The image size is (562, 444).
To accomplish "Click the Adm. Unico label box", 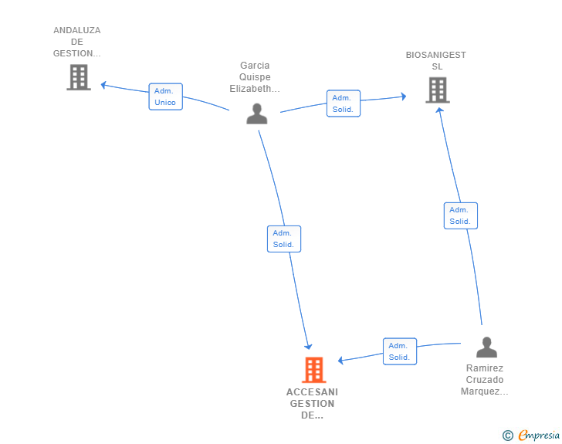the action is coord(165,97).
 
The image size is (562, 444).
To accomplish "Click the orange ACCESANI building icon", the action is coord(314,370).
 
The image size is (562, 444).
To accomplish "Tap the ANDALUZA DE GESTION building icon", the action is coord(79,77).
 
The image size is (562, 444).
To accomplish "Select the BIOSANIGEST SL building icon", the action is coord(438,90).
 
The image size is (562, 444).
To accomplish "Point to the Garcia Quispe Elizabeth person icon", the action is coord(257,114).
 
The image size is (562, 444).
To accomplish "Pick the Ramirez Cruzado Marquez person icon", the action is coord(486,347).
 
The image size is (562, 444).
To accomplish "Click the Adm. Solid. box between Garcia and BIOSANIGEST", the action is coord(344,103).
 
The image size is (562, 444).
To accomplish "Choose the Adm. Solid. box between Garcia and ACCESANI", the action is coord(284,239).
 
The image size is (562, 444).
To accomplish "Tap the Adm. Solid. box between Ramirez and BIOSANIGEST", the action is coord(461,215).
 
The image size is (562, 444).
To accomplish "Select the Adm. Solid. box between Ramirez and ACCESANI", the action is coord(400,351).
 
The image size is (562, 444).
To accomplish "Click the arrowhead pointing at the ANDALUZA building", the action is coord(103,85).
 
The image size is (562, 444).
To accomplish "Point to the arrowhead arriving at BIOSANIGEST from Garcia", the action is coord(404,96).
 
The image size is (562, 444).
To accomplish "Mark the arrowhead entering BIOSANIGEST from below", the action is coord(440,110).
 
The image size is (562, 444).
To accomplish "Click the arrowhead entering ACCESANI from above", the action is coord(308,347).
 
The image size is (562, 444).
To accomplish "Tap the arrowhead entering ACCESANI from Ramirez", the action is coord(341,360).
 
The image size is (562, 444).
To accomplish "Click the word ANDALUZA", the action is coord(77,30).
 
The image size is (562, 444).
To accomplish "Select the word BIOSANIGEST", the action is coord(436,55).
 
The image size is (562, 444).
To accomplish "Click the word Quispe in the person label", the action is coord(255,77).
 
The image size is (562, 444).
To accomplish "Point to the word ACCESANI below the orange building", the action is coord(312,392).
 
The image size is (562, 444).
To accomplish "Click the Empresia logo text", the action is coord(539,435).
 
